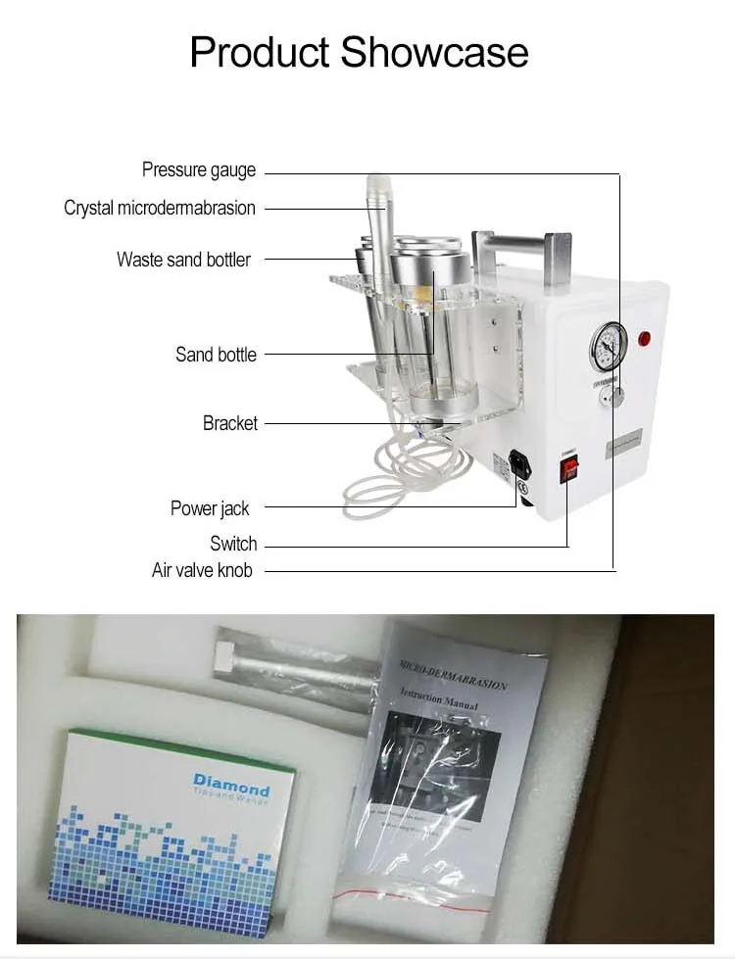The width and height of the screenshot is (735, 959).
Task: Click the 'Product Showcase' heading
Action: pos(359,52)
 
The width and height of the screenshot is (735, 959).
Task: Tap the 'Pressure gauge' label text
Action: pos(198,170)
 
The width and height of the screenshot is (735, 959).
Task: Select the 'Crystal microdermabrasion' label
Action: pos(159,208)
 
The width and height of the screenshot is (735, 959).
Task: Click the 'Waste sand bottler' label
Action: pos(183,260)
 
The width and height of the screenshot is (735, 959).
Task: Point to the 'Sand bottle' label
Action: pos(216,355)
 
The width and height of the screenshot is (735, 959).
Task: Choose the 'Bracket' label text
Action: pos(230,423)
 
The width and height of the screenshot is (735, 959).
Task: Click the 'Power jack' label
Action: pos(210,508)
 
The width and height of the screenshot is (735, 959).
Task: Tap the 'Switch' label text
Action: pos(233,544)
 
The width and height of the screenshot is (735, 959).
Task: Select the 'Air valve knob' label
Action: pos(201,570)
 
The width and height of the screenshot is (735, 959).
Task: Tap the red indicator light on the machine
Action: pos(645,339)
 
